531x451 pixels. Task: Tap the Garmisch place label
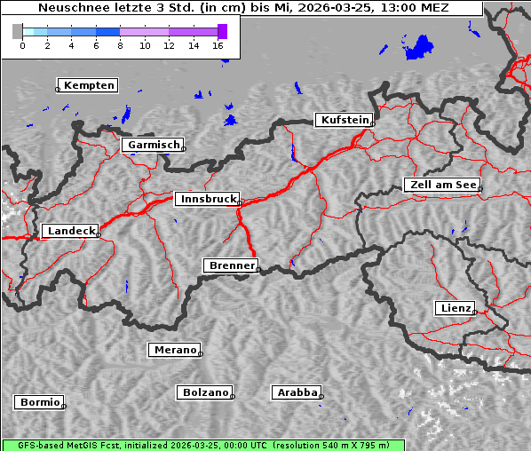tap(154, 145)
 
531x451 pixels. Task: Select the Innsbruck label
tap(208, 200)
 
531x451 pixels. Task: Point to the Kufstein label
tap(345, 120)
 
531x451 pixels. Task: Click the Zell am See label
tap(443, 185)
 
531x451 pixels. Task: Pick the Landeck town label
tap(71, 231)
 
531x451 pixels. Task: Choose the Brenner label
tap(232, 265)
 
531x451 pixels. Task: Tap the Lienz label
tap(455, 308)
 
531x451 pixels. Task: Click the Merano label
tap(174, 350)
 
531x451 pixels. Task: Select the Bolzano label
tap(205, 392)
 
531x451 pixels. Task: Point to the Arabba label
tap(296, 392)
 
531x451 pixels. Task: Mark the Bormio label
tap(39, 402)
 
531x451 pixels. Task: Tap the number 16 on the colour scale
tap(218, 45)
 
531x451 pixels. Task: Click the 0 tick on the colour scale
tap(22, 45)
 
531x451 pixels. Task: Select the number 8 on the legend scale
tap(120, 45)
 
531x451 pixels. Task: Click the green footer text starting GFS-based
tap(202, 445)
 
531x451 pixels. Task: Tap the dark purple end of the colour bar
tap(222, 31)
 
